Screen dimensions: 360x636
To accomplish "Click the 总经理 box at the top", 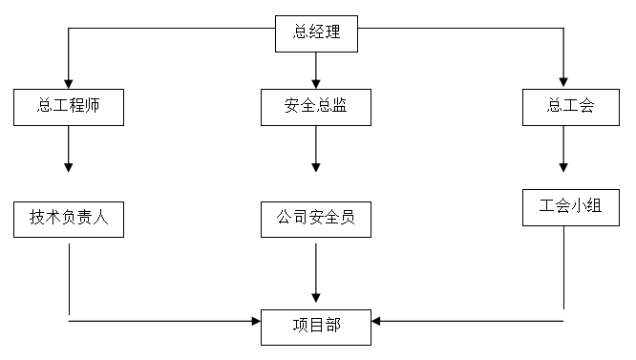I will pyautogui.click(x=315, y=34).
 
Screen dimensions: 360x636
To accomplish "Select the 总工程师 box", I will pyautogui.click(x=69, y=106).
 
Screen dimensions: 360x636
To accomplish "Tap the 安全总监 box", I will pyautogui.click(x=315, y=106).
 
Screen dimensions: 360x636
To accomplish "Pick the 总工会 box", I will pyautogui.click(x=563, y=106).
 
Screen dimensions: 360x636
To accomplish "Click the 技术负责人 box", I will pyautogui.click(x=69, y=219).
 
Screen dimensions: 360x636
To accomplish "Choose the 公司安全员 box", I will pyautogui.click(x=315, y=219).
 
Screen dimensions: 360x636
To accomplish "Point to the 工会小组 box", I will pyautogui.click(x=563, y=207).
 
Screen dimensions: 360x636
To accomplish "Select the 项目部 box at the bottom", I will pyautogui.click(x=315, y=327).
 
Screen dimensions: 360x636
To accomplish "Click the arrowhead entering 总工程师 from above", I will pyautogui.click(x=69, y=82).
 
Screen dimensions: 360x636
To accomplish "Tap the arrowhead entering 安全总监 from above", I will pyautogui.click(x=315, y=82).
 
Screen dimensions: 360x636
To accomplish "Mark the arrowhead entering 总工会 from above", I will pyautogui.click(x=563, y=82).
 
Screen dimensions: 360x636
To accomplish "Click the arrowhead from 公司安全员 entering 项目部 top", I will pyautogui.click(x=315, y=297).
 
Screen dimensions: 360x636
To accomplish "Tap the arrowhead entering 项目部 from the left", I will pyautogui.click(x=255, y=322).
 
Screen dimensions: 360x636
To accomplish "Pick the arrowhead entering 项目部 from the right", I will pyautogui.click(x=376, y=322).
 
